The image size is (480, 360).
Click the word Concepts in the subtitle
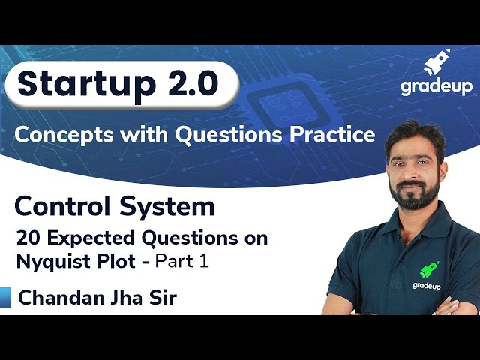coord(61,135)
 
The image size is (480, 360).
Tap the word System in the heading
coord(169,205)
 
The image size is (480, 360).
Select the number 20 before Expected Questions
coord(29,239)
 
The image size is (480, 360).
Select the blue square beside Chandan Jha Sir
coord(5,298)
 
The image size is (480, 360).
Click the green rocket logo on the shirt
coord(430,269)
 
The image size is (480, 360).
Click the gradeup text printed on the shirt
coord(426,285)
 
